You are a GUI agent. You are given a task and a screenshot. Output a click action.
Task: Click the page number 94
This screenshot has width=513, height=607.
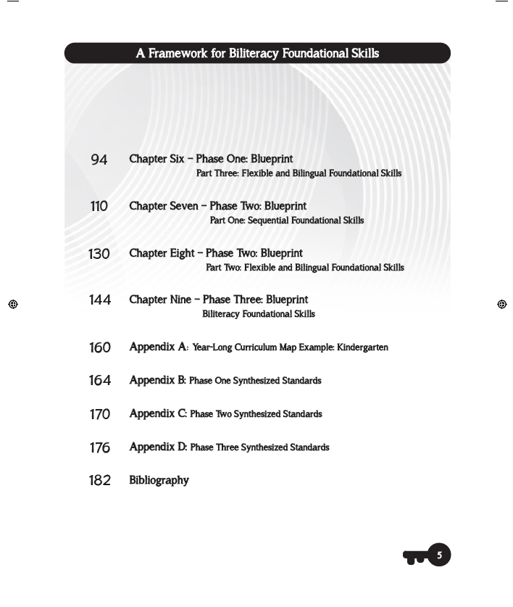coord(99,160)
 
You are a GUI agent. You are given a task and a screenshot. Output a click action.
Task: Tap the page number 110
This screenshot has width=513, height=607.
coord(99,207)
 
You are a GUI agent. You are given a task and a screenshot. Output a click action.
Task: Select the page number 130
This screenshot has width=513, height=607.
coord(99,254)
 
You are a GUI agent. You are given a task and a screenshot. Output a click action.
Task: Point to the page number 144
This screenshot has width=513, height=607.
coord(100,300)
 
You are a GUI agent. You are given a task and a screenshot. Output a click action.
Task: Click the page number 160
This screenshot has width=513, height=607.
coord(100,348)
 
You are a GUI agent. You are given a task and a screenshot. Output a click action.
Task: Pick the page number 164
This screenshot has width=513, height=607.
coord(100,381)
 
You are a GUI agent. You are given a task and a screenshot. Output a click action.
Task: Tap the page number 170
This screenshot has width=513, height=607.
coord(100,415)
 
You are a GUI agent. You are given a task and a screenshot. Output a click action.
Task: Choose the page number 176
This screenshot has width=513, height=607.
coord(100,448)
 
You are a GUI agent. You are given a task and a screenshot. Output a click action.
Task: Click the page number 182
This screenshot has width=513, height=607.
coord(100,481)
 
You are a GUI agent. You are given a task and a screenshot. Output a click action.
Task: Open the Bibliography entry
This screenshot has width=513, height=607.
coord(159,481)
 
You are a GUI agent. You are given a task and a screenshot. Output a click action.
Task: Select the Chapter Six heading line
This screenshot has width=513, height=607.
coord(211,159)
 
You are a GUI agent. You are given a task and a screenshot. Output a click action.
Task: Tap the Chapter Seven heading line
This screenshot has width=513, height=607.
coord(217,206)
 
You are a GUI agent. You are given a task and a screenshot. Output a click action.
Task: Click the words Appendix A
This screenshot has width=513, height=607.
coord(158,347)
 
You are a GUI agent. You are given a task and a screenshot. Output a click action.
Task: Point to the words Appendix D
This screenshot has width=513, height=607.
coord(158,447)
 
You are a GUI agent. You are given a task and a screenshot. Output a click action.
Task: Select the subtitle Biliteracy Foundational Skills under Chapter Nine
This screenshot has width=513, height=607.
coord(259,315)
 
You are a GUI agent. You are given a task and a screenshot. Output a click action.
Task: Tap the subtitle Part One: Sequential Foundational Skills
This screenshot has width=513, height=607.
coord(287,220)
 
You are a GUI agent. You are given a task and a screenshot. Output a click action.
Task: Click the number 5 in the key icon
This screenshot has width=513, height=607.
coord(438,556)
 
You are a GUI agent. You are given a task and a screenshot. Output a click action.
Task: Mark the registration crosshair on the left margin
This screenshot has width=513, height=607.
coord(13,305)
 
